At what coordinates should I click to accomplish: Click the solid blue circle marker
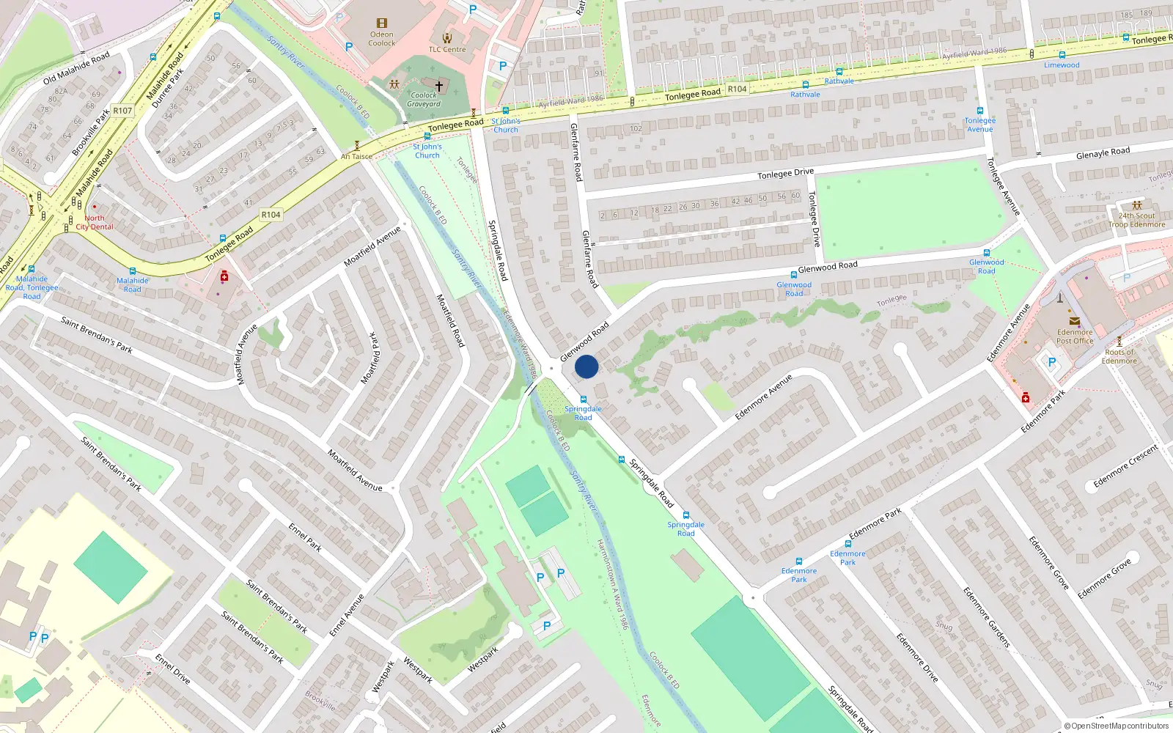[586, 366]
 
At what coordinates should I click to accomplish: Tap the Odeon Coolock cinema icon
[381, 23]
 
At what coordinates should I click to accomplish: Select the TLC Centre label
[447, 50]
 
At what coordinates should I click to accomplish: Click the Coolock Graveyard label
[424, 100]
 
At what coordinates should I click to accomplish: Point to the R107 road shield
[122, 111]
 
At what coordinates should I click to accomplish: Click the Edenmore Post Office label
[1075, 336]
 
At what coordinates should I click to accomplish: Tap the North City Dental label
[95, 222]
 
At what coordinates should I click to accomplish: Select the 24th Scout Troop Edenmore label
[1136, 220]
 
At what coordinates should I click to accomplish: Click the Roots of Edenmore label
[1119, 356]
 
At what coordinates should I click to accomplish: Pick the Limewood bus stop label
[1062, 65]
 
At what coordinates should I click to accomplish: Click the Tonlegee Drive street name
[785, 174]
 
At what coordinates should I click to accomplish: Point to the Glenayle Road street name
[1103, 153]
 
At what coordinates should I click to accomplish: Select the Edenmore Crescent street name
[1125, 466]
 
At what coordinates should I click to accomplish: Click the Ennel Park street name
[305, 537]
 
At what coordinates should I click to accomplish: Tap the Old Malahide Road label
[76, 67]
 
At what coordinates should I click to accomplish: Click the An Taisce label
[356, 156]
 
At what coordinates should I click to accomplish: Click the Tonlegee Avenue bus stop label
[980, 125]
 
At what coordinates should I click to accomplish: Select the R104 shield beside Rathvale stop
[737, 89]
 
